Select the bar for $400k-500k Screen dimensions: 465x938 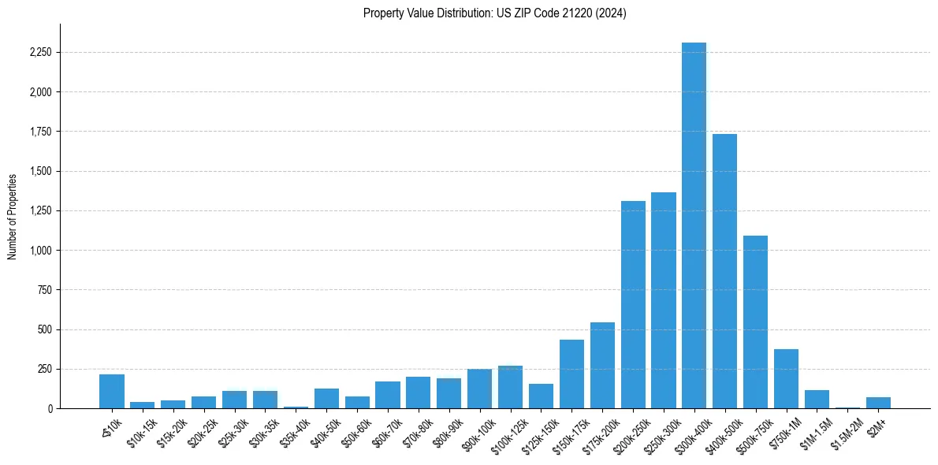pos(724,271)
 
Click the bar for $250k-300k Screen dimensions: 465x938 pos(664,300)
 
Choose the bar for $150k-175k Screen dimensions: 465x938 pos(571,374)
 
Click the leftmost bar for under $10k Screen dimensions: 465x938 pos(112,391)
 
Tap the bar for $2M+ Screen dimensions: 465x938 pos(878,403)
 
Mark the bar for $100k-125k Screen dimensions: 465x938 pos(510,387)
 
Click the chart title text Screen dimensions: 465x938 pos(494,13)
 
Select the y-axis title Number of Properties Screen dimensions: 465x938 pos(13,216)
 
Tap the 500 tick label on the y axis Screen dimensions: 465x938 pos(43,329)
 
